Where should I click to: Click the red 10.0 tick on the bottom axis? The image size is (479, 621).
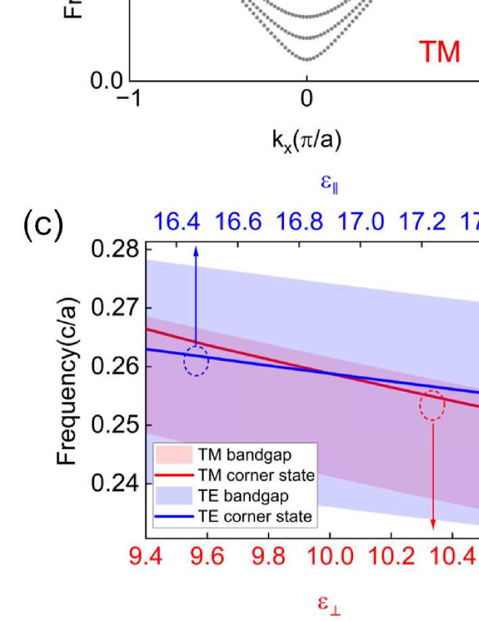coord(330,558)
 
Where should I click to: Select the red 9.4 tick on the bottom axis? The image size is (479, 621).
coord(146,558)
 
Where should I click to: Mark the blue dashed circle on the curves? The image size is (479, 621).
coord(196,361)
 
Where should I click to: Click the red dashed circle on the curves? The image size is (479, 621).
coord(432,405)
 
